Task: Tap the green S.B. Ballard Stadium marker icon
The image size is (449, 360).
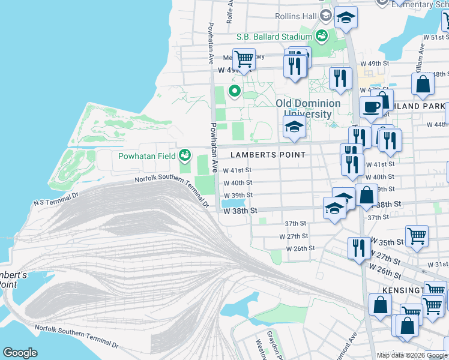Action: [322, 36]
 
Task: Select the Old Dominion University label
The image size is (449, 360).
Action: [307, 109]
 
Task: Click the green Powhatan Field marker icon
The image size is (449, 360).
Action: [185, 156]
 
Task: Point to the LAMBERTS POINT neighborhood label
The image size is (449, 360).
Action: [268, 155]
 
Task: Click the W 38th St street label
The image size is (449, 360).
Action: [240, 211]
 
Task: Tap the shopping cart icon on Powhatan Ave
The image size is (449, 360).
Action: [244, 59]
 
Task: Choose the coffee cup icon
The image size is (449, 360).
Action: [371, 107]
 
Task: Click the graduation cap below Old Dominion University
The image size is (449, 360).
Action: [294, 127]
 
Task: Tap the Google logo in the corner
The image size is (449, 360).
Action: [20, 353]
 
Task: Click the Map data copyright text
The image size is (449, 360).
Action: [412, 355]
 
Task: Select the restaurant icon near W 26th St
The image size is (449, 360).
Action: [359, 248]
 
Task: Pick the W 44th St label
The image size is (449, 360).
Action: [436, 124]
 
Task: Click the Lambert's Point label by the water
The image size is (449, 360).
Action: [13, 279]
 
